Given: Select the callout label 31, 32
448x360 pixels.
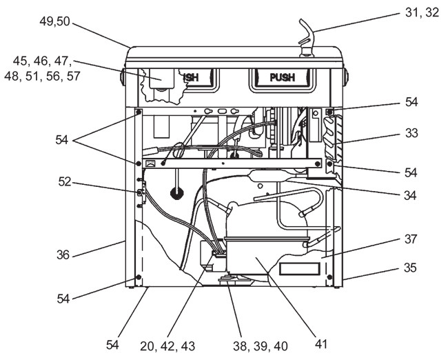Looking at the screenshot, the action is tap(422, 12).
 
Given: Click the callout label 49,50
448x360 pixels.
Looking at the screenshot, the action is tap(54, 21).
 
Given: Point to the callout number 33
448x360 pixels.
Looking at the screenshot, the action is tap(411, 133).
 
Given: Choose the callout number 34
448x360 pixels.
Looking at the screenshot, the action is tap(410, 196).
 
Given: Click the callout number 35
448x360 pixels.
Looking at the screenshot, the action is tap(410, 268).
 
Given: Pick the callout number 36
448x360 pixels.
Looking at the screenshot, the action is tap(63, 254).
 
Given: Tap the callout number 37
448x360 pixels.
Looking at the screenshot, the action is tap(411, 239).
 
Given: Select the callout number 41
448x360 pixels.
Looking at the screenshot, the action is tap(320, 344).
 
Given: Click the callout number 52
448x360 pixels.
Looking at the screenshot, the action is tap(65, 181).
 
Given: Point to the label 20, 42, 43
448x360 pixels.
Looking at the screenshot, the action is tap(167, 346).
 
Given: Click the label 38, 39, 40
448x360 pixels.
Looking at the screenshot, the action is tap(261, 346).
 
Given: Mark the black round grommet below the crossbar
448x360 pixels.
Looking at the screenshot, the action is tap(177, 194).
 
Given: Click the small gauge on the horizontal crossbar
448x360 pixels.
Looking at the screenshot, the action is tap(150, 163).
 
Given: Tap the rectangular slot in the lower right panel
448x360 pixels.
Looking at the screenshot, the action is tap(299, 270).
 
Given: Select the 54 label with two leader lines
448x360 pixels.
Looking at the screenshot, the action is tap(62, 140).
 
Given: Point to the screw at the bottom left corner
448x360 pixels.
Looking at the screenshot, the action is tap(139, 277).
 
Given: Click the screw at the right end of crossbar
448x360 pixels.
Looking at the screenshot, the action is tap(317, 164).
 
